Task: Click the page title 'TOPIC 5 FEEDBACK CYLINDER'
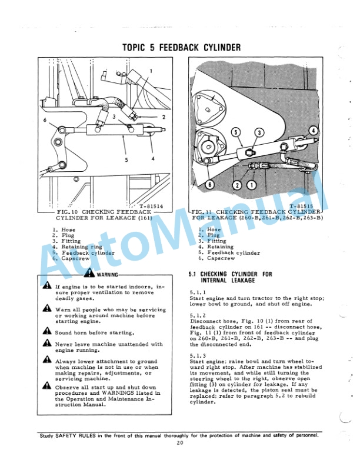point(181,47)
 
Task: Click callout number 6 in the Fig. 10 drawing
point(45,120)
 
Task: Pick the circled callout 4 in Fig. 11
point(314,129)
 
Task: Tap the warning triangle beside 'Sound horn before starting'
point(46,332)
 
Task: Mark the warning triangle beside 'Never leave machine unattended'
point(46,345)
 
